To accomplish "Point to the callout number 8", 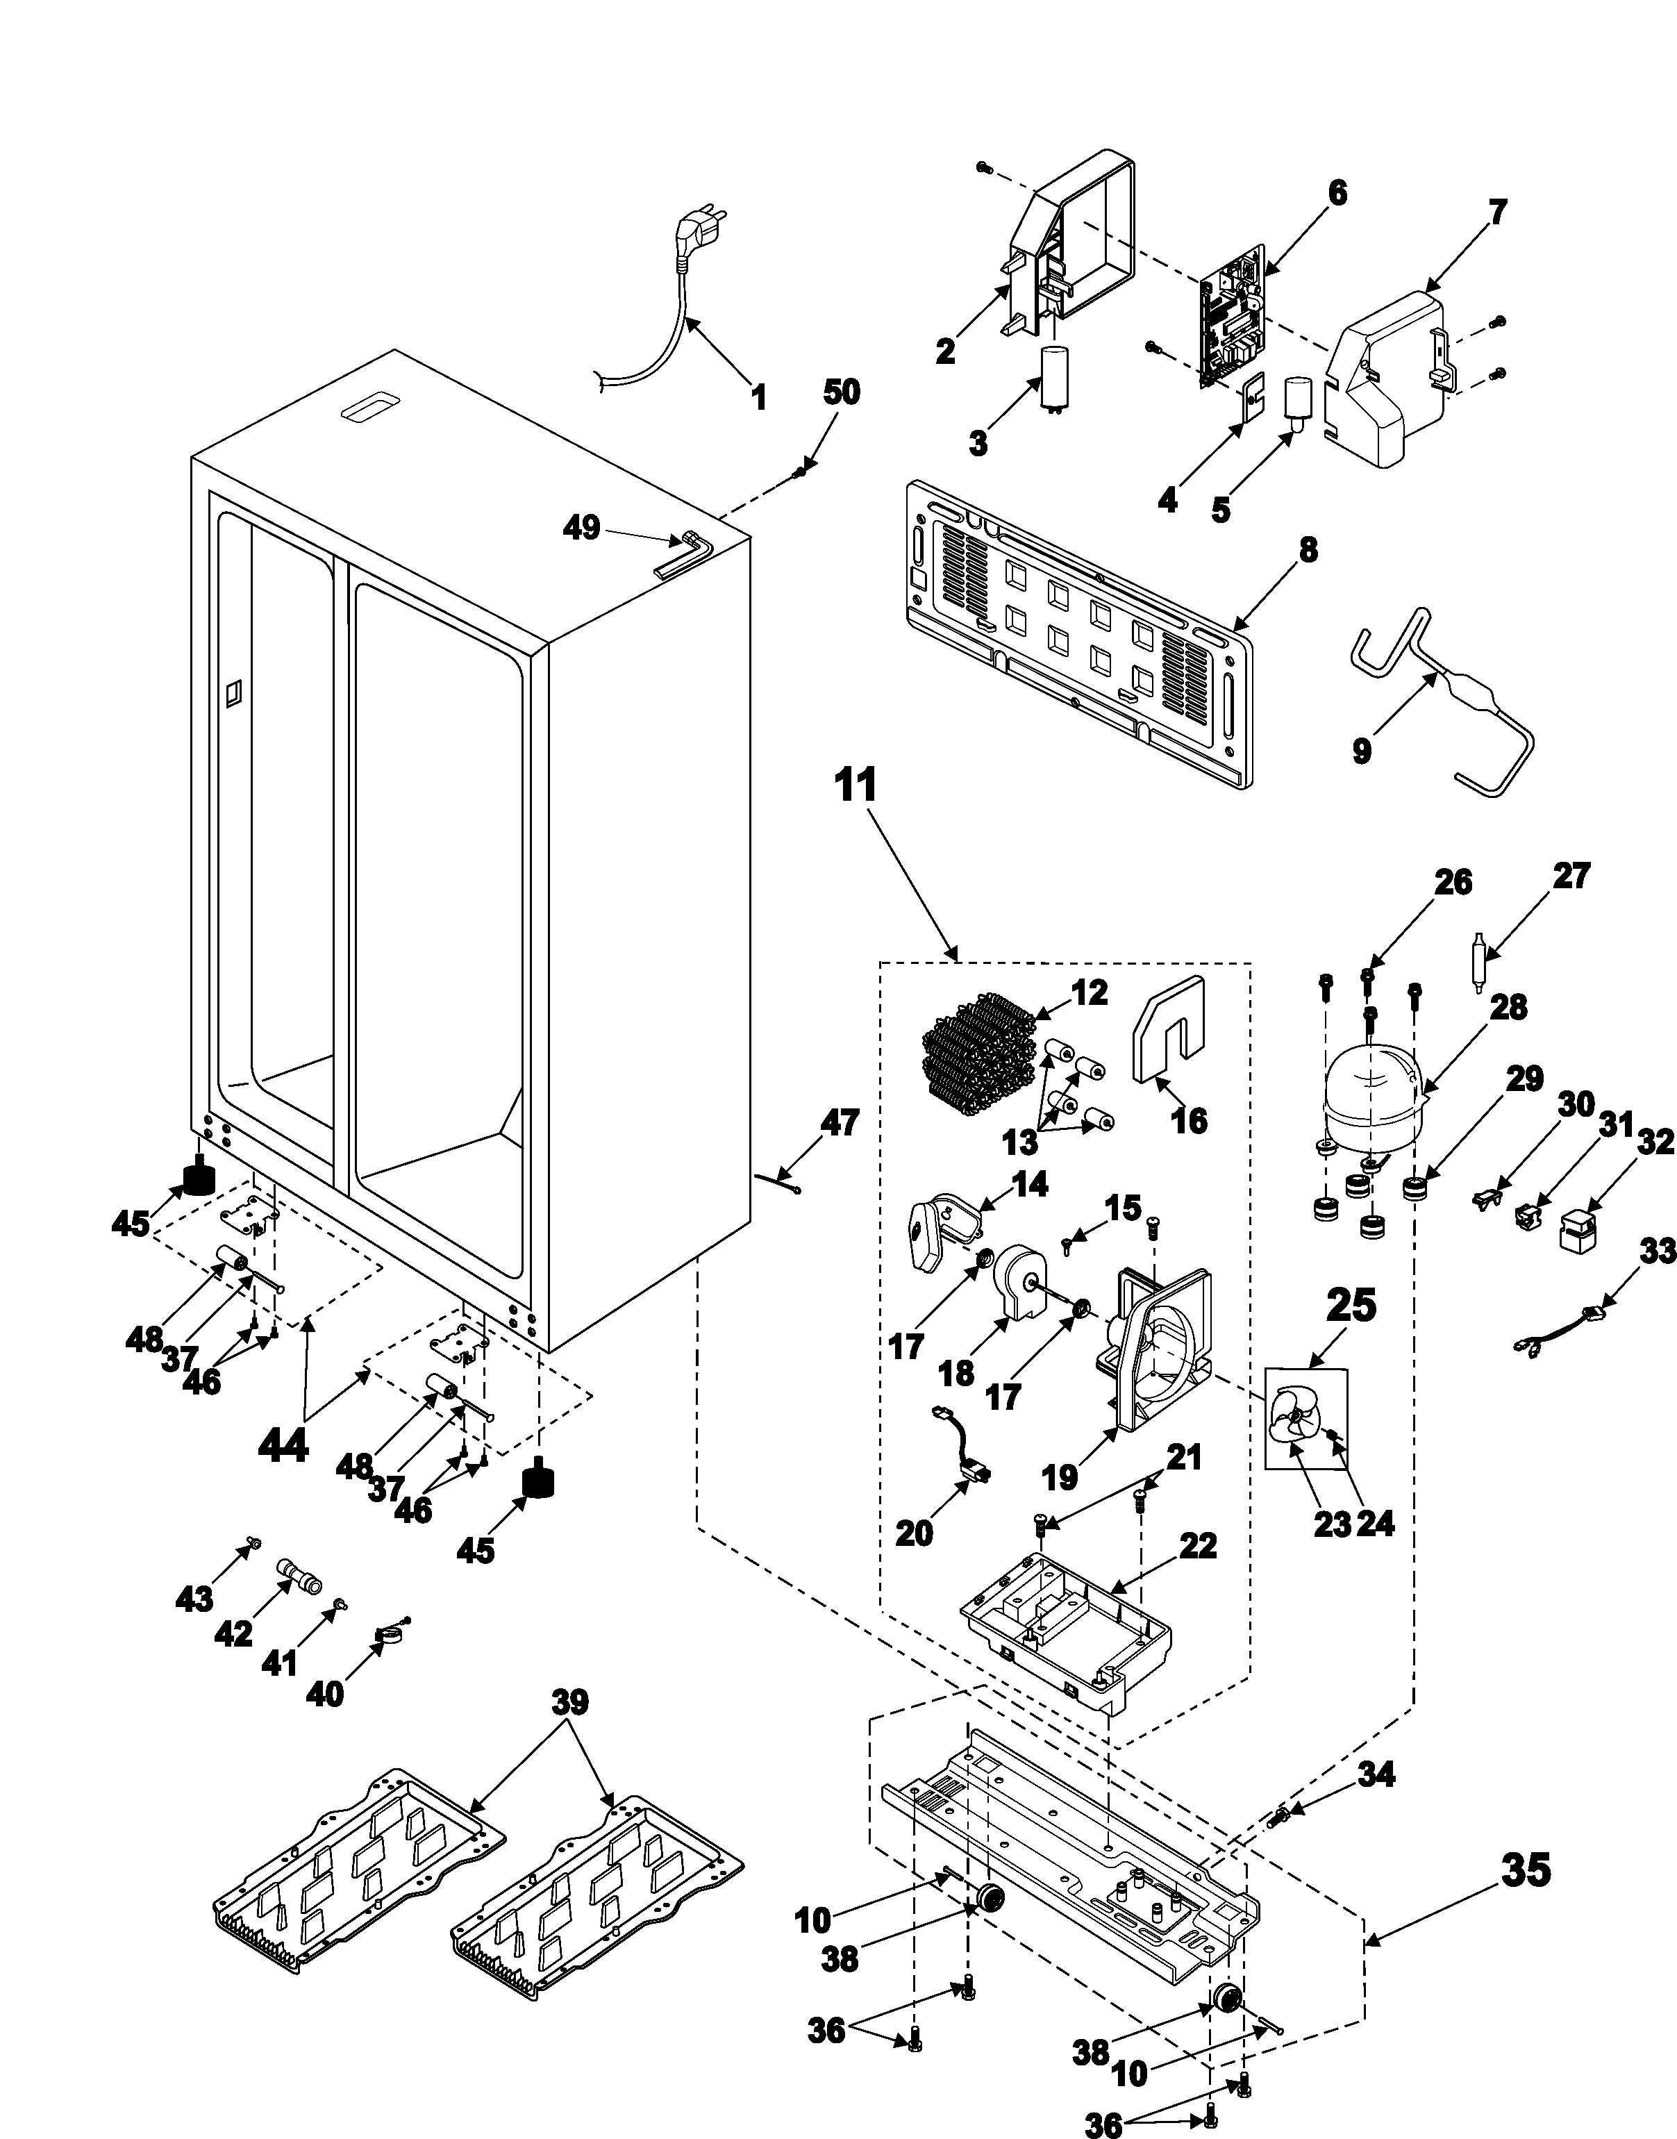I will (1307, 550).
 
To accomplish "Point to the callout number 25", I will (1351, 1305).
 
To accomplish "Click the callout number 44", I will (283, 1446).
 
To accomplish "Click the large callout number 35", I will (1525, 1871).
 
